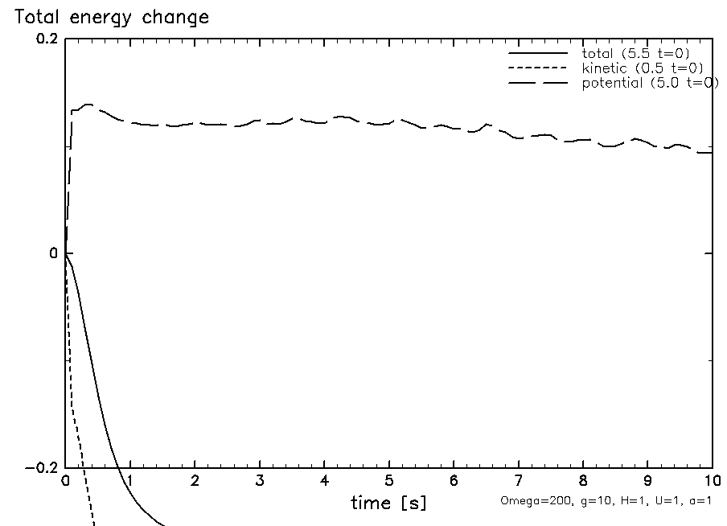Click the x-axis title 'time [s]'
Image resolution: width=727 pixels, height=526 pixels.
click(x=388, y=503)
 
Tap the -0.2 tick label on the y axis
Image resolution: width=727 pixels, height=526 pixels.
click(x=41, y=468)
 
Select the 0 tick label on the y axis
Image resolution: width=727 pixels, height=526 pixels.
click(x=53, y=254)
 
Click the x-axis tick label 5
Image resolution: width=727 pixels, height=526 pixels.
click(x=389, y=481)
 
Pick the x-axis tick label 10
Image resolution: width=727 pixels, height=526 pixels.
click(x=711, y=481)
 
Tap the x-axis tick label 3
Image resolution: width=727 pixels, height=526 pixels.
click(x=260, y=481)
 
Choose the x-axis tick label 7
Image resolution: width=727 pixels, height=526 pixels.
click(x=519, y=481)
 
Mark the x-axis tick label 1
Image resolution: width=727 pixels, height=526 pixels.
click(x=130, y=481)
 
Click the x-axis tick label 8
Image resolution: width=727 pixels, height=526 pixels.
click(x=583, y=481)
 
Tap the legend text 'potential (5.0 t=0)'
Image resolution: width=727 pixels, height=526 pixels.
click(x=650, y=83)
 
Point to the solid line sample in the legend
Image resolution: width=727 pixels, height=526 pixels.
click(x=538, y=54)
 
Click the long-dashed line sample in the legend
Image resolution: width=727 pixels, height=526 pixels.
click(x=538, y=84)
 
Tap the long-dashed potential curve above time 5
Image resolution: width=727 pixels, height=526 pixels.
click(x=389, y=121)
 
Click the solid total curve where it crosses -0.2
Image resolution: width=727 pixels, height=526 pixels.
click(x=117, y=468)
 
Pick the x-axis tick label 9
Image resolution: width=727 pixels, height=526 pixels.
click(x=647, y=481)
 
